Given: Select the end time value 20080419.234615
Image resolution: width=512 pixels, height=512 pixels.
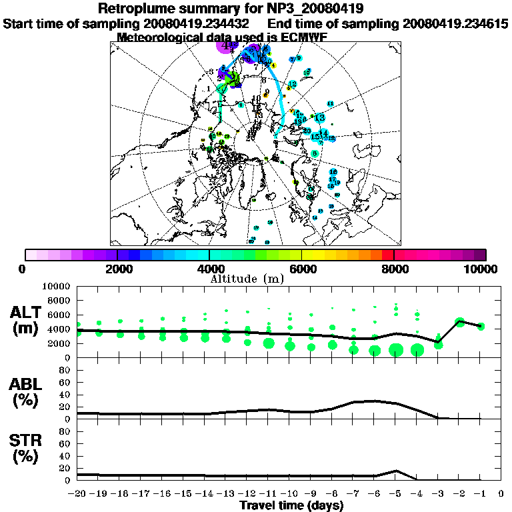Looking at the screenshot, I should (455, 23).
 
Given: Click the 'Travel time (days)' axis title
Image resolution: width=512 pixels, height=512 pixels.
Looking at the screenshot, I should (291, 506).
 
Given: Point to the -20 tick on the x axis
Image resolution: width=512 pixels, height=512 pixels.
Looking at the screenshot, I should (78, 494).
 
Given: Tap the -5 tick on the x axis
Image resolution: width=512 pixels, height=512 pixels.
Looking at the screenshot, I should (395, 494).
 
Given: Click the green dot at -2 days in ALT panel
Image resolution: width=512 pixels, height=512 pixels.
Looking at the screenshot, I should (459, 322).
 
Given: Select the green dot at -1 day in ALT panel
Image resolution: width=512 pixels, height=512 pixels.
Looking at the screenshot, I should (481, 326).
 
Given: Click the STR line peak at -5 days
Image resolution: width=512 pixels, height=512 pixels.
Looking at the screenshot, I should (396, 471).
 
